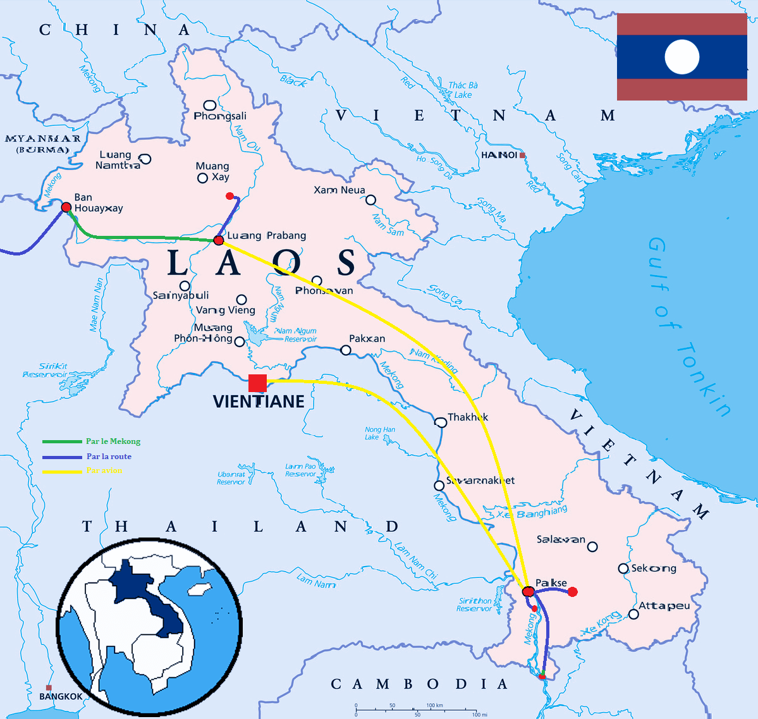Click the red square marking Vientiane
coord(257,383)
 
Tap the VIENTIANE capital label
coord(259,402)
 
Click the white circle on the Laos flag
coord(682,57)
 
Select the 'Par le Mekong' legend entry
coord(113,441)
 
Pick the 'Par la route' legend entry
coord(109,457)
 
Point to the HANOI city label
coord(499,155)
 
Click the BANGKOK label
coord(61,696)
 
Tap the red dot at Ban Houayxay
coord(66,207)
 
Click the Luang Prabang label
coord(267,235)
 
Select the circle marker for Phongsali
coord(209,105)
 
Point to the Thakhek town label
coord(468,417)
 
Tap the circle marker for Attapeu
coord(633,614)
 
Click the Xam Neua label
coord(339,190)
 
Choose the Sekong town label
coord(654,568)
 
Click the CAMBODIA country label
coord(420,684)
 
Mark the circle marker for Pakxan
coord(346,350)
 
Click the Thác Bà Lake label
coord(463,90)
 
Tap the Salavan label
coord(561,539)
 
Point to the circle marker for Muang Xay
coord(203,178)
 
